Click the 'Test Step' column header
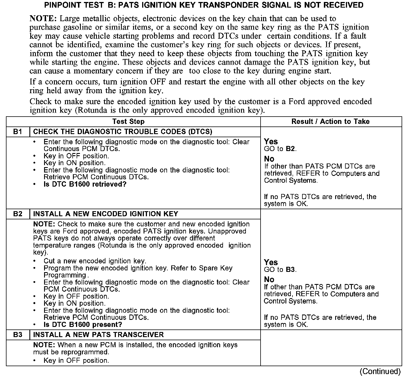[x=128, y=122]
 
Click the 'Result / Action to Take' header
[x=330, y=122]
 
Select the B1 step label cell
[x=18, y=132]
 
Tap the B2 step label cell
[x=18, y=214]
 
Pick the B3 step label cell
[x=18, y=335]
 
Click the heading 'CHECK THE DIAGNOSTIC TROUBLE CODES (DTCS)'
[x=123, y=132]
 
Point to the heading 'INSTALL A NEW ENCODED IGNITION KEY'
[x=106, y=214]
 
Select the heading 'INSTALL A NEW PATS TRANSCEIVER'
[x=98, y=335]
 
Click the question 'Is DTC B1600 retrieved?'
[x=85, y=184]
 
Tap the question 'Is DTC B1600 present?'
[x=83, y=325]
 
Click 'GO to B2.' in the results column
[x=280, y=149]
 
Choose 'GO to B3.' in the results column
[x=280, y=270]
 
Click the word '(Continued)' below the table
[x=380, y=372]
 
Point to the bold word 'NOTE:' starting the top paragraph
[x=43, y=19]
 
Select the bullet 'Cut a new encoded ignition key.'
[x=95, y=261]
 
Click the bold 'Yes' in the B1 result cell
[x=271, y=141]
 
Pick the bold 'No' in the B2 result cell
[x=269, y=279]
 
